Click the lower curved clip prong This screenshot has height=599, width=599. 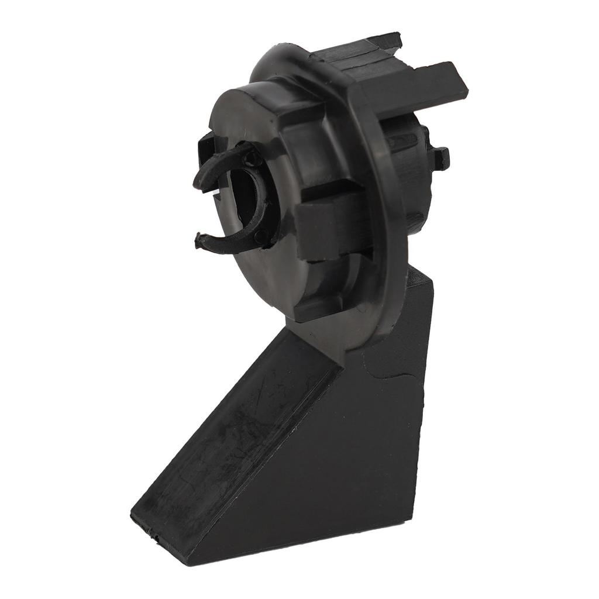pyautogui.click(x=225, y=241)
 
